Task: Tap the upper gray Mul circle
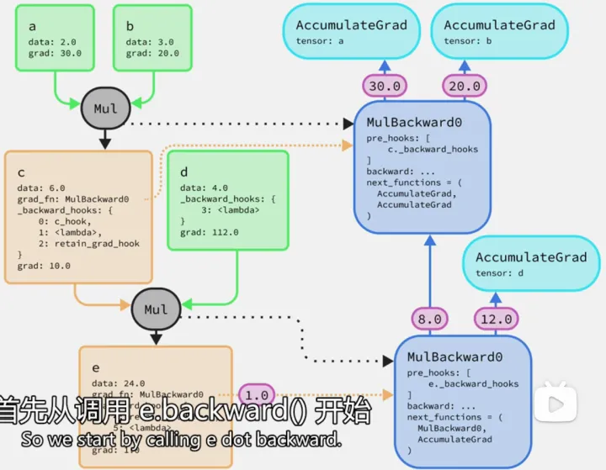105,108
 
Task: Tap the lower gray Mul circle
155,309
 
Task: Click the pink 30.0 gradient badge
384,86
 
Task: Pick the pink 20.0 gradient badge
464,86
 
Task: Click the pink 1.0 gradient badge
258,393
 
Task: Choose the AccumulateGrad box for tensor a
351,31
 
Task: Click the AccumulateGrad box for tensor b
498,31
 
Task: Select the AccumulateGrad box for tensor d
530,263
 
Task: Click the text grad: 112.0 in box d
210,232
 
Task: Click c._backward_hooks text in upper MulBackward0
433,149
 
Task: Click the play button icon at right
555,404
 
